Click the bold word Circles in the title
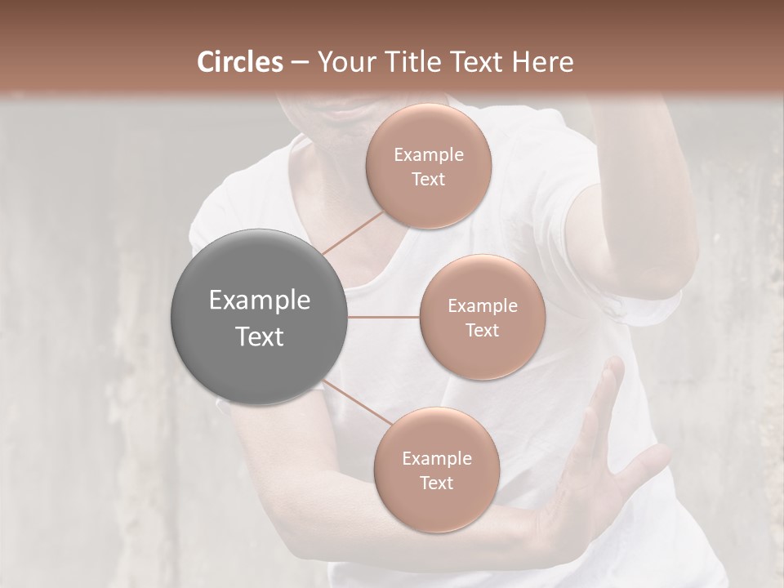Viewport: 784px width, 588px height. [240, 62]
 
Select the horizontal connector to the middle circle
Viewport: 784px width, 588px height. [384, 317]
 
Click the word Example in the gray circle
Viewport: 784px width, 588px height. [260, 301]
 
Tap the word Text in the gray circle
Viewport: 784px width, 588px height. [260, 336]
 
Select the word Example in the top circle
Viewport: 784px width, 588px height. [429, 155]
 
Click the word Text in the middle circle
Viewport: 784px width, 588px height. [482, 330]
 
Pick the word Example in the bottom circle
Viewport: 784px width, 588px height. [436, 459]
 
